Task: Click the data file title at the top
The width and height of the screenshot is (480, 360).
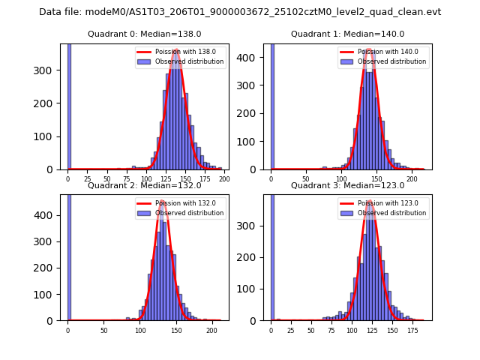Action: [240, 12]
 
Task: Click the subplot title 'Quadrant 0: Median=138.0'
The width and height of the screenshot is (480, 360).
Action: [145, 34]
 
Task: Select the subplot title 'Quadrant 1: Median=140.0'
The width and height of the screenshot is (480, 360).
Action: [347, 34]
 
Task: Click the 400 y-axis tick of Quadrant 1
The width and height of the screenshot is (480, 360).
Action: [254, 56]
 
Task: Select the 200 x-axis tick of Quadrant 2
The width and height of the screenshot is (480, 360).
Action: [211, 330]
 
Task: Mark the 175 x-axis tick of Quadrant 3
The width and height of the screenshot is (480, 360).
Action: [412, 330]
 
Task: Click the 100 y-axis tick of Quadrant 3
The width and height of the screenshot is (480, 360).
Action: [254, 289]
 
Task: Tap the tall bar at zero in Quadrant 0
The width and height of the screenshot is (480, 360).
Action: [68, 105]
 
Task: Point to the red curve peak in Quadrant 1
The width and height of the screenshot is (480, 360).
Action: [369, 51]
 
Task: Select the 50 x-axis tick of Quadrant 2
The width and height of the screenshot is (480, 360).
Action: [104, 330]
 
